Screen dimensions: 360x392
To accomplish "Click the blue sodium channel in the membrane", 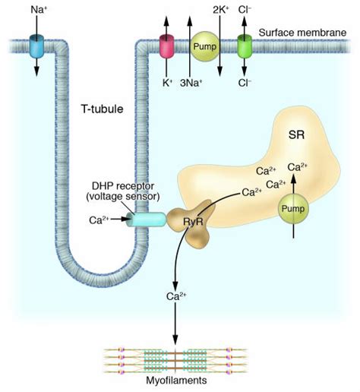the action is pos(36,46).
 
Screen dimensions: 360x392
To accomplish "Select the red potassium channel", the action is pos(166,46).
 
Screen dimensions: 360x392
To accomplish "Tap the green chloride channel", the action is pos(245,46).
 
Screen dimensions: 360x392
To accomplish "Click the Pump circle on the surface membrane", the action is pos(204,46).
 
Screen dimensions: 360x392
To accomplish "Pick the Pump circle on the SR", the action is pos(293,209).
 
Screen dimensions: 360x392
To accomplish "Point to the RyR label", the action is pos(193,222).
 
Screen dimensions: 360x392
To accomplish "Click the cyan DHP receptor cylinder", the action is pos(147,220).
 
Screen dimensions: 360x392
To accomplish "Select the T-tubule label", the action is pos(103,109).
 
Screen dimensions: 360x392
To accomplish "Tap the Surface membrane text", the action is pos(302,33).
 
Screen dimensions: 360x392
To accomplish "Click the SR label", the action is pos(296,134).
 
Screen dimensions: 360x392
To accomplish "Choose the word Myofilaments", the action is pos(176,381).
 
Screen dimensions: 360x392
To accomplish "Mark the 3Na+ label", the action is pos(191,83).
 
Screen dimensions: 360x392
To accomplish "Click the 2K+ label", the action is pos(221,10).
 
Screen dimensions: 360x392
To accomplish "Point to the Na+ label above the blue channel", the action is pos(39,10).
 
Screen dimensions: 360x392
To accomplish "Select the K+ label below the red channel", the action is pos(167,83).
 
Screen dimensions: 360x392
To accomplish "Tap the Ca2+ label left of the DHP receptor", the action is pos(99,220).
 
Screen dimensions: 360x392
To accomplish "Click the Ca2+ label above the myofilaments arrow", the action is pos(176,296).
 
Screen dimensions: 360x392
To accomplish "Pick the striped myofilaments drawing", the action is pos(175,361).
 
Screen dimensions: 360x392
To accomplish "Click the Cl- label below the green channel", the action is pos(245,83).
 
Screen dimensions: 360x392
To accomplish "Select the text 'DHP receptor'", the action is pos(123,186).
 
